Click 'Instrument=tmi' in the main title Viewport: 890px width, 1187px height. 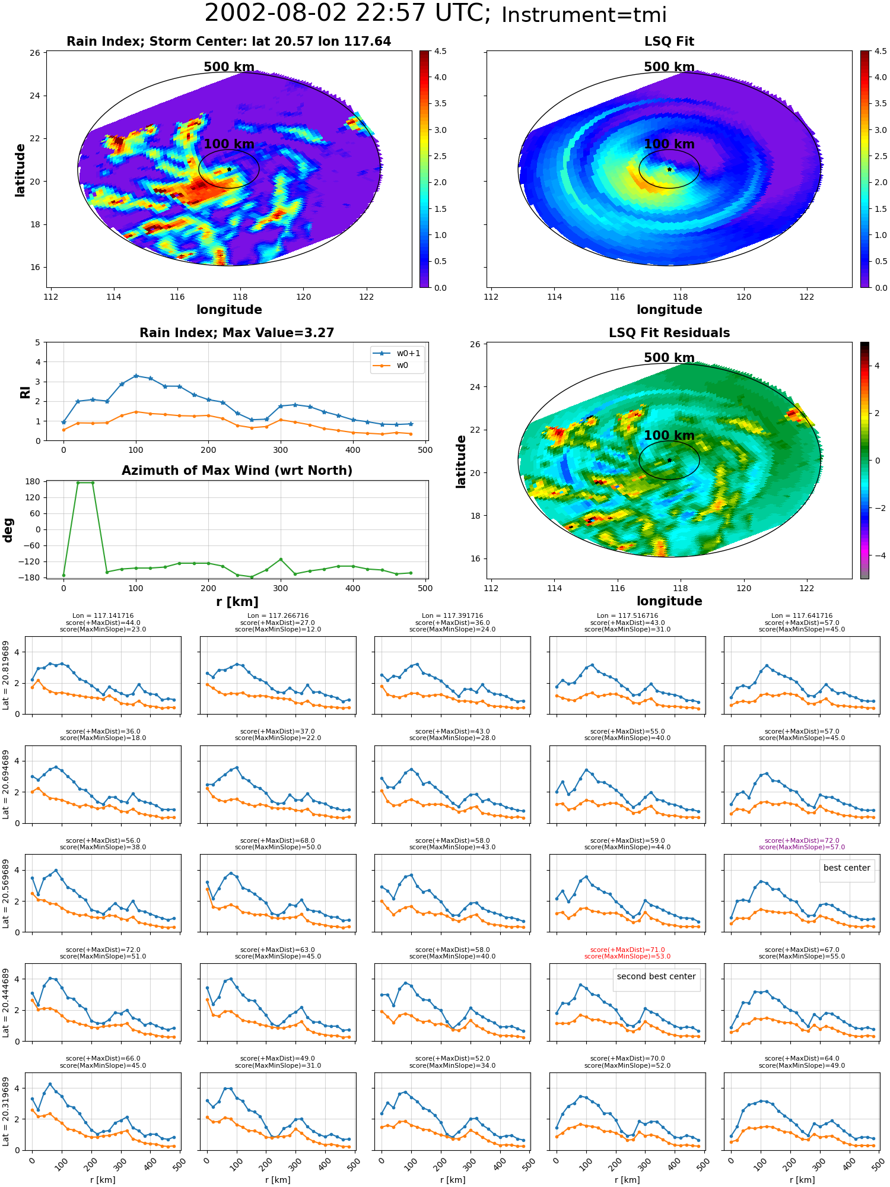[584, 15]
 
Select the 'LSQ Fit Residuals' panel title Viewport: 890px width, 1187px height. [669, 333]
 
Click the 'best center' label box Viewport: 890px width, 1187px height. [847, 868]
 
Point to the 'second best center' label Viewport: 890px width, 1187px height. [656, 976]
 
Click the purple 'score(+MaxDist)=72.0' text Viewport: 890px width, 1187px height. [802, 840]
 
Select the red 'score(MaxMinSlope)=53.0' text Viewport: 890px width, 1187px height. [627, 956]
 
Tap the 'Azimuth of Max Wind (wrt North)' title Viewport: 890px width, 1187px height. [237, 471]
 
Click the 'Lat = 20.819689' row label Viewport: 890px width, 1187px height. [6, 675]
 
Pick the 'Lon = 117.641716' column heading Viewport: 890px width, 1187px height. [802, 615]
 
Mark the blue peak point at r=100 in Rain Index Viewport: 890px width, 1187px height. [136, 376]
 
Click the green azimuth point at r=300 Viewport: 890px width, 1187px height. [281, 559]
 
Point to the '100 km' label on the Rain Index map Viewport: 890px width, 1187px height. [229, 144]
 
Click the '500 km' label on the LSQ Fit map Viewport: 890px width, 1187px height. [669, 67]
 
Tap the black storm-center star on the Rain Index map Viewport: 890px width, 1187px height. [229, 169]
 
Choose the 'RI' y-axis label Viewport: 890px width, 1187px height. [25, 392]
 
